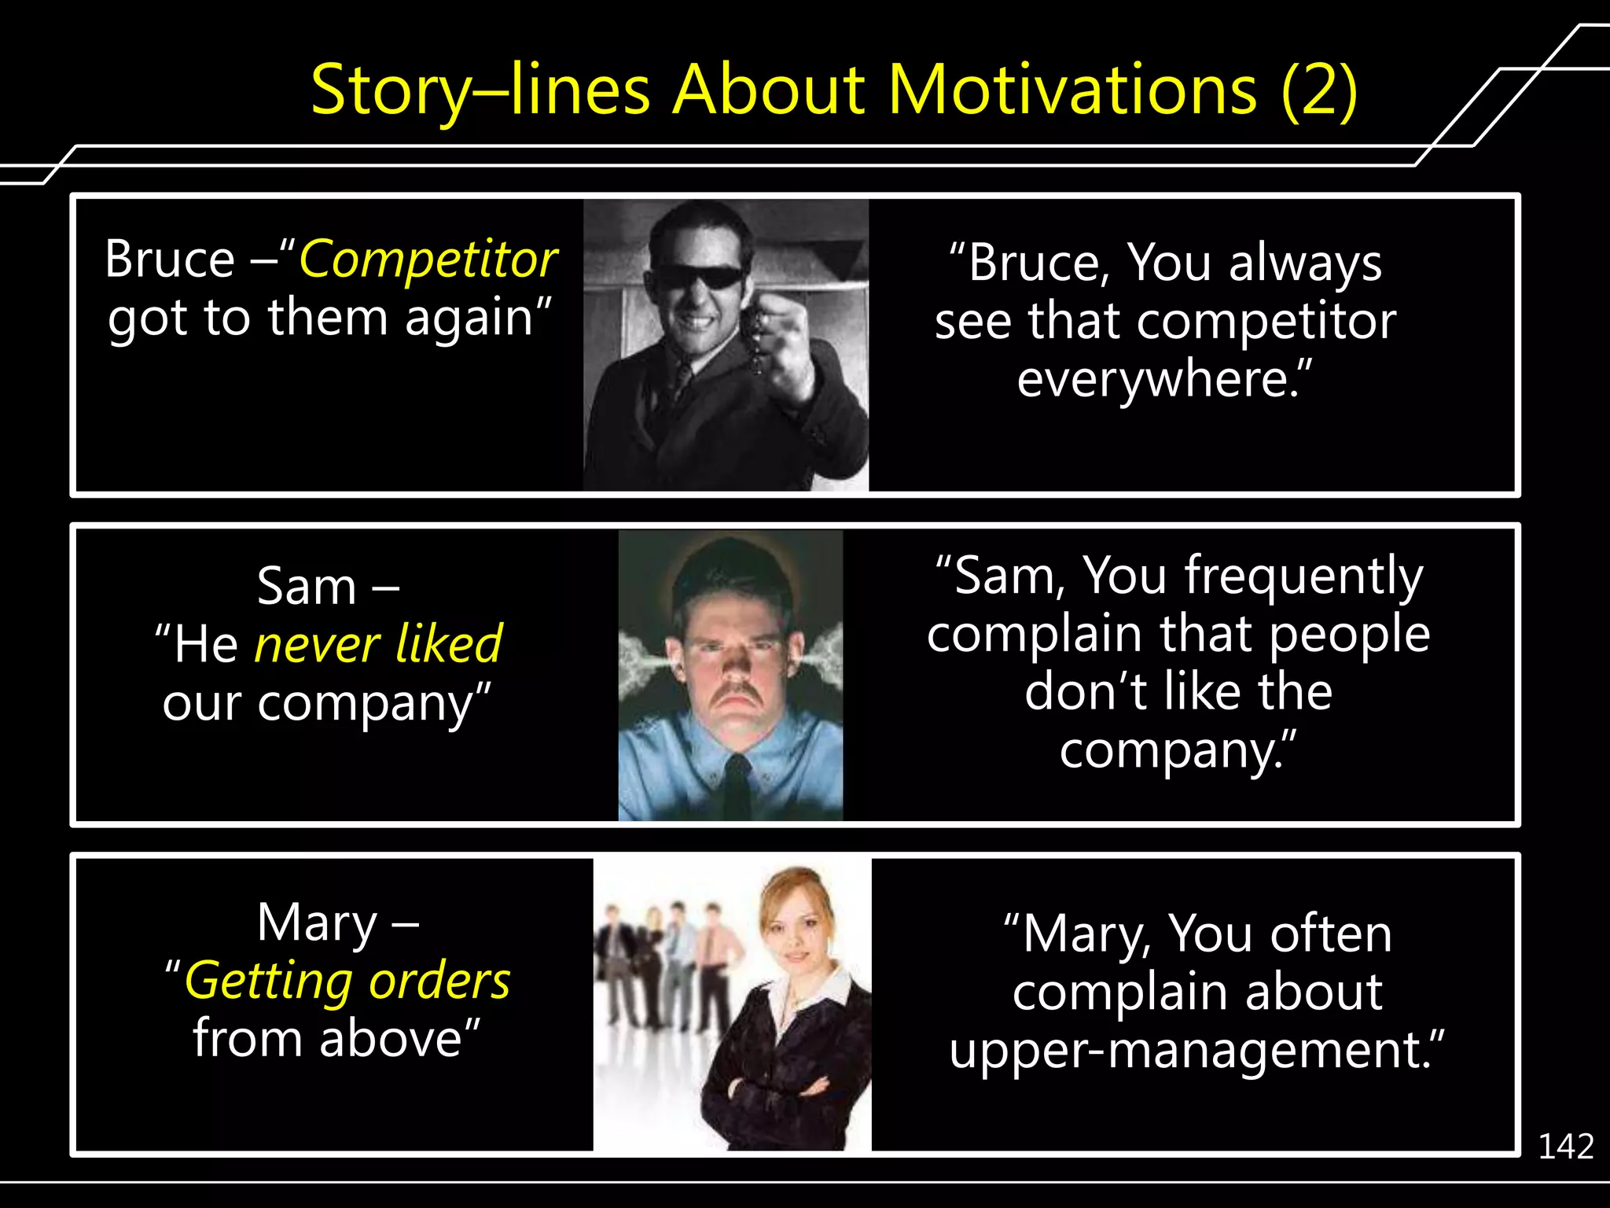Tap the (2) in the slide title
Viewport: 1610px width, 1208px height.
[x=1318, y=90]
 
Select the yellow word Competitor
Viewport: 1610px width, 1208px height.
[x=428, y=260]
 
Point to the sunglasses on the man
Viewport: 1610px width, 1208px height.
[x=700, y=277]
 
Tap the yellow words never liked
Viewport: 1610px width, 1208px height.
[x=377, y=645]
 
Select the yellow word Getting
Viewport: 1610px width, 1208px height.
[x=268, y=981]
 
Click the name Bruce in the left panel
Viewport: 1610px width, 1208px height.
[x=170, y=260]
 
